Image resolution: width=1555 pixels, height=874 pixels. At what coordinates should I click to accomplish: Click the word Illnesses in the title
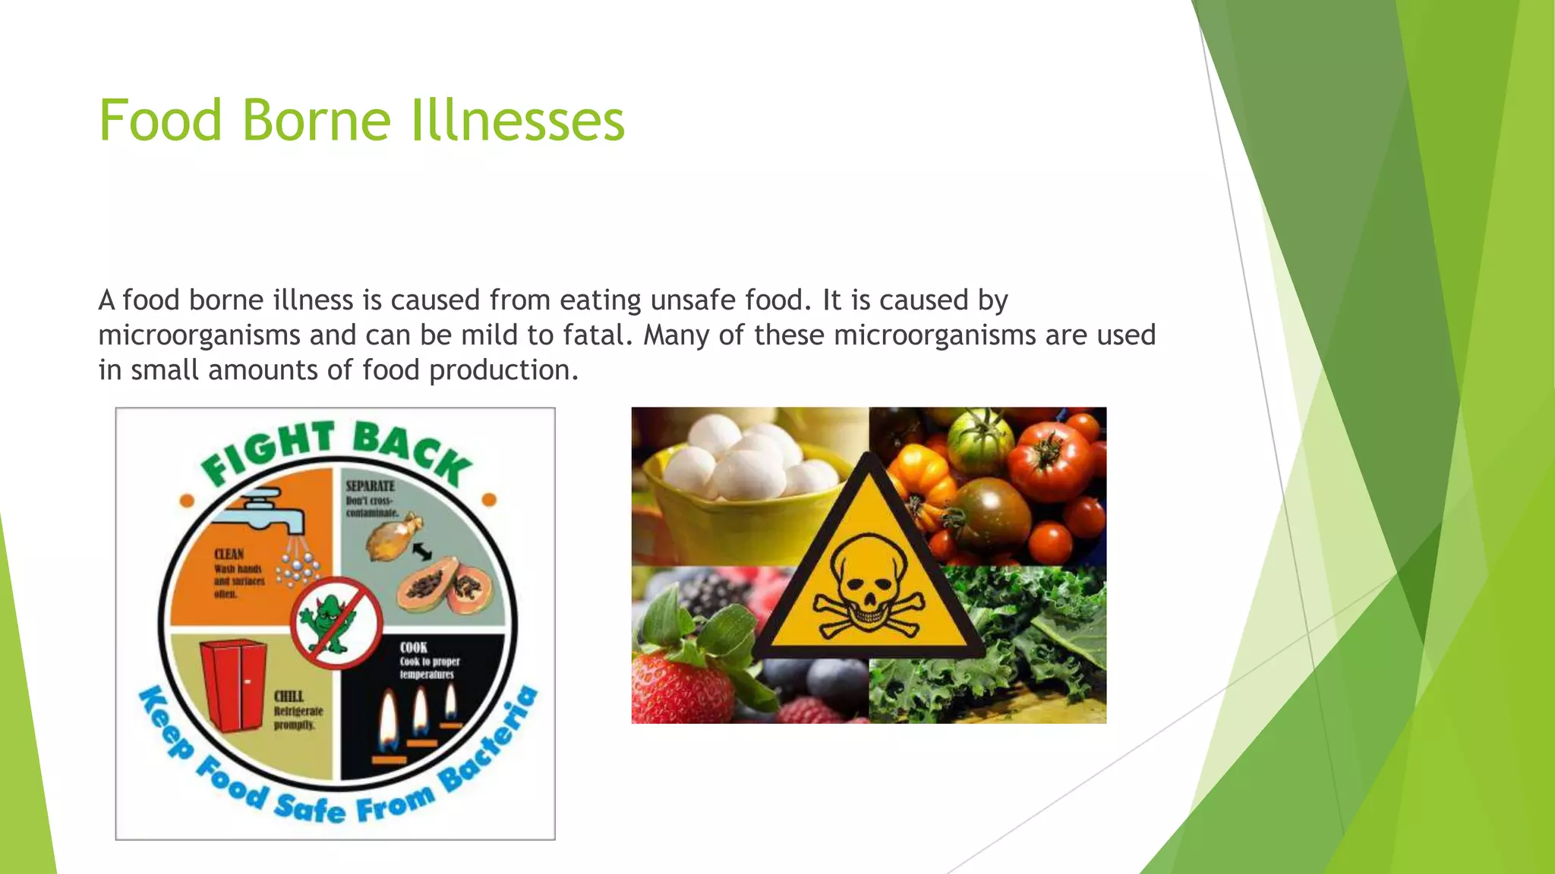coord(517,121)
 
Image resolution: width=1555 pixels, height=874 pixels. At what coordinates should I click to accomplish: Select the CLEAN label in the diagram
coord(229,555)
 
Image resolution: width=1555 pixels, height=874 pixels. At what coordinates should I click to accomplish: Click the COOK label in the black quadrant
coord(414,647)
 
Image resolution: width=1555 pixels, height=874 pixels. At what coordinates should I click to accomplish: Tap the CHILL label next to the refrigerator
coord(289,696)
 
